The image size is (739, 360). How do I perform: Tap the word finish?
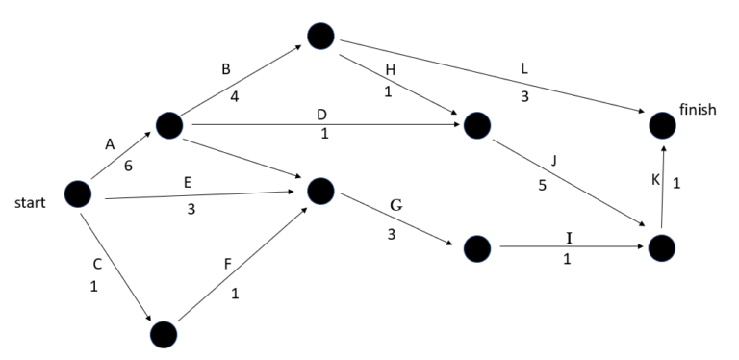click(x=697, y=110)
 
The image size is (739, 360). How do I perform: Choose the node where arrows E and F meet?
click(x=320, y=191)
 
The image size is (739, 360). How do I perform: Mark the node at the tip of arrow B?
click(x=320, y=36)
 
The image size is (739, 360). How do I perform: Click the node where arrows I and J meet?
click(x=661, y=248)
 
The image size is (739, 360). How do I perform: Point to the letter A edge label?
click(x=109, y=144)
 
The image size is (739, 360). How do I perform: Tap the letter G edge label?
click(x=396, y=206)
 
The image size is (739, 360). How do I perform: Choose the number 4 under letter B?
click(x=234, y=96)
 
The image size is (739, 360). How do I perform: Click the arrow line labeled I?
click(x=568, y=248)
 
